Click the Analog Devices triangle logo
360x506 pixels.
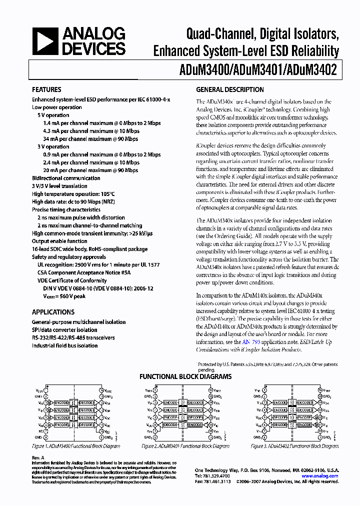point(44,41)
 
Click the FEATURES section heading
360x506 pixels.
point(46,90)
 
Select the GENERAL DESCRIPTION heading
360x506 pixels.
point(229,90)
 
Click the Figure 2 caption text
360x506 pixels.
point(175,445)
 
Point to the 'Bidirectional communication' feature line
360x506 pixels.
point(66,178)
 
